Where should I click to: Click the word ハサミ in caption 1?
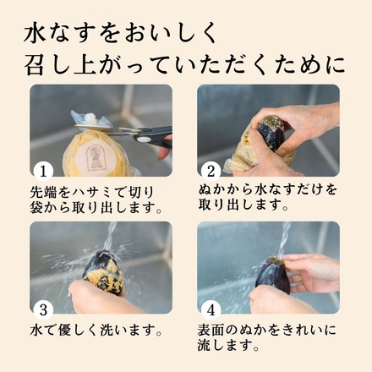pos(88,189)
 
